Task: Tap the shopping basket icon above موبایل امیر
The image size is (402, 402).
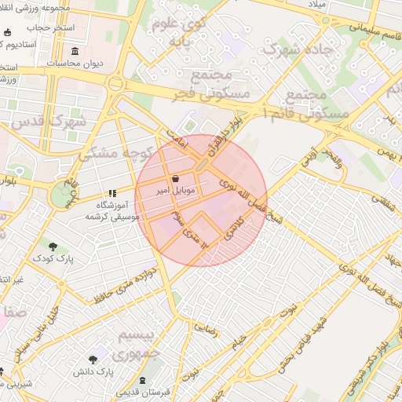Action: (174, 178)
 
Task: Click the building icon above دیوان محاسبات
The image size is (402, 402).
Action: (75, 52)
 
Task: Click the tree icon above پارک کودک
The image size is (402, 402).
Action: (51, 246)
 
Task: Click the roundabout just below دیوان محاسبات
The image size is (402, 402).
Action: (115, 83)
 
